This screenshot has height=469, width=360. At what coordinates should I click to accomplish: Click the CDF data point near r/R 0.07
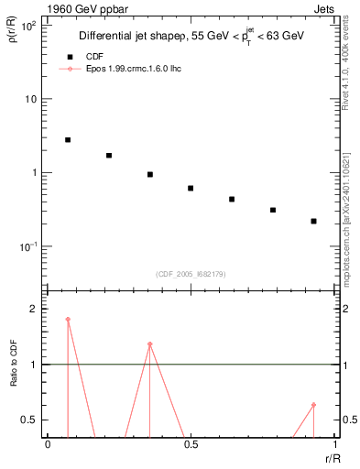[68, 140]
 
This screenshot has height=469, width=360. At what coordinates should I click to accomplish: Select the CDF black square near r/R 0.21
[109, 156]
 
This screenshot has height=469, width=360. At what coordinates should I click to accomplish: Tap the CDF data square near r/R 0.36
[149, 174]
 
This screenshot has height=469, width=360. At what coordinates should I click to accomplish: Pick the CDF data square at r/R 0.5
[191, 189]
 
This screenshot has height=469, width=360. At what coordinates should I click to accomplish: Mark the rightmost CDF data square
[313, 221]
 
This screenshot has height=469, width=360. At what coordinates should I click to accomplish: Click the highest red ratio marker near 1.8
[68, 320]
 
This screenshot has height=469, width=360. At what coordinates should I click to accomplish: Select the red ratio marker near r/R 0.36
[149, 344]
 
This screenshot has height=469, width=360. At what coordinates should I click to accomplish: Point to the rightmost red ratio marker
[313, 405]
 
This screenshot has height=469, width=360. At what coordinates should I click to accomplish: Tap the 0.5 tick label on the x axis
[191, 444]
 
